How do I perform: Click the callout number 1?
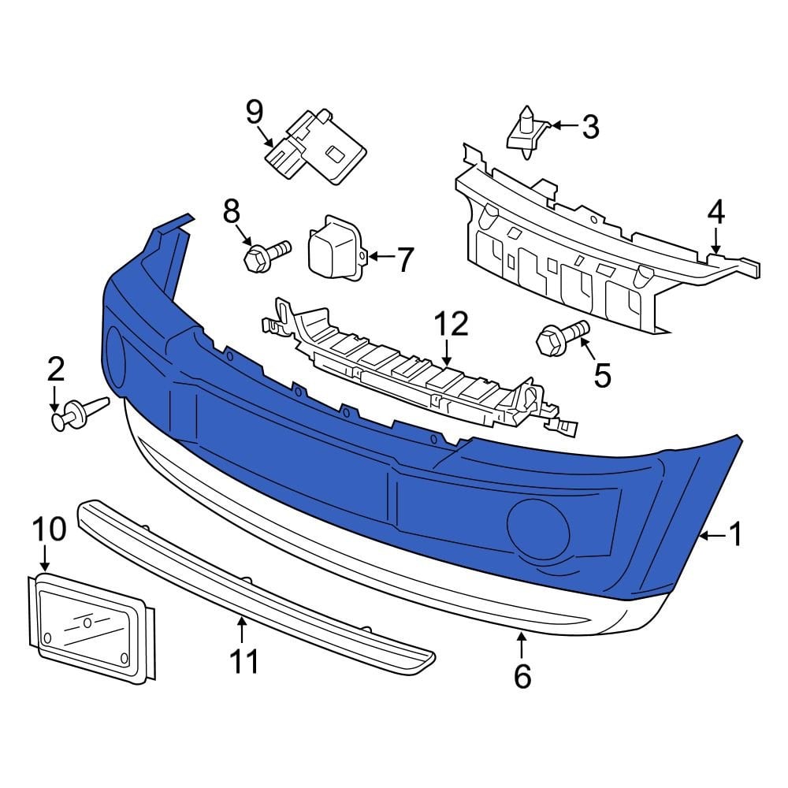pyautogui.click(x=735, y=536)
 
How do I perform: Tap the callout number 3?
pyautogui.click(x=589, y=126)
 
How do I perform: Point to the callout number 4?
pyautogui.click(x=716, y=212)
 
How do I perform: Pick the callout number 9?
pyautogui.click(x=253, y=112)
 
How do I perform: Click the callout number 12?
pyautogui.click(x=450, y=325)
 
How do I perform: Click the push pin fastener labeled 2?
pyautogui.click(x=76, y=413)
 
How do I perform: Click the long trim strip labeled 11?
pyautogui.click(x=252, y=574)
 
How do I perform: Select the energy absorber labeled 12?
pyautogui.click(x=410, y=367)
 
